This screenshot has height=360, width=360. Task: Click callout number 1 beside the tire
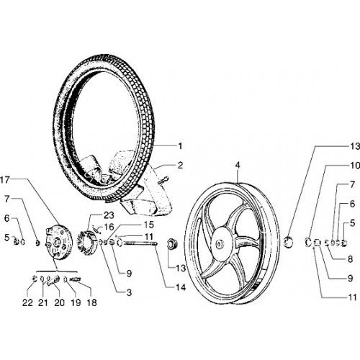(x=181, y=146)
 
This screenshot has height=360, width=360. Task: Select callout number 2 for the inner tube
(x=180, y=166)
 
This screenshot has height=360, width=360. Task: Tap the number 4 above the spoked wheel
(x=238, y=166)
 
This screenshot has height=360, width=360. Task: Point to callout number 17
(x=4, y=179)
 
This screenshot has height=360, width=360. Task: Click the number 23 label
(x=109, y=215)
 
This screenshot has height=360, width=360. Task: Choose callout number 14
(x=181, y=287)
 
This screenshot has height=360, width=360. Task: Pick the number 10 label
(x=354, y=166)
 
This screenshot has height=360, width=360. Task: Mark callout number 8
(x=350, y=259)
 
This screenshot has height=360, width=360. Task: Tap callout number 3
(x=129, y=292)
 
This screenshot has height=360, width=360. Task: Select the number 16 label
(x=109, y=227)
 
